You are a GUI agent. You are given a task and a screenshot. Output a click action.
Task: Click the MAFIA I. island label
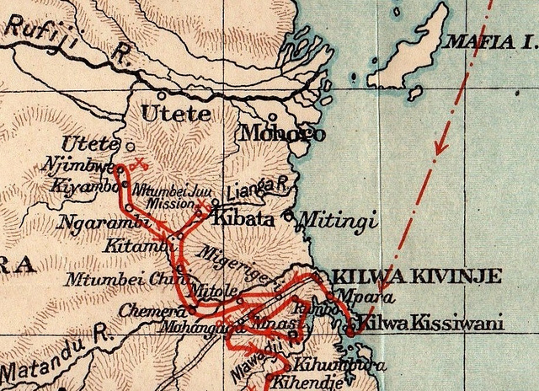point(489,40)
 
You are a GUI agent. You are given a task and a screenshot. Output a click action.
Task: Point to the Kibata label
point(245,218)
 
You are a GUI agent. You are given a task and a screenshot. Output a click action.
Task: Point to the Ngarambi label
point(92,224)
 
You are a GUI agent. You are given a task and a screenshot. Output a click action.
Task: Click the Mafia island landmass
point(421,51)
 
